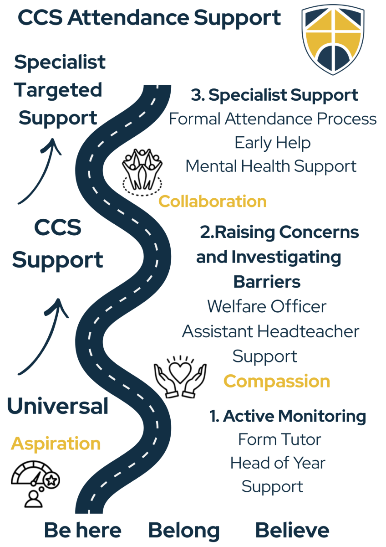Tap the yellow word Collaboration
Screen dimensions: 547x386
coord(212,201)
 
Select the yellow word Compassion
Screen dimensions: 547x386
coord(277,381)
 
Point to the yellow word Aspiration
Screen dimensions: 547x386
coord(56,444)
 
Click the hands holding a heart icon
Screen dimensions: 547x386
coord(180,373)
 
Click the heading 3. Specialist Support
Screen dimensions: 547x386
coord(274,95)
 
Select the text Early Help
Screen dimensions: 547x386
coord(273,143)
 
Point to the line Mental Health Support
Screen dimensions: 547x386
coord(271,166)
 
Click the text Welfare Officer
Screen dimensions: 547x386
coord(267,306)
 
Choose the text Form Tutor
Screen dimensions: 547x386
coord(279,439)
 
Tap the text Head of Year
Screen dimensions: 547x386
coord(278,463)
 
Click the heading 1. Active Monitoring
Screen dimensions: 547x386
coord(288,416)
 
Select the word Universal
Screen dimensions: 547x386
coord(58,406)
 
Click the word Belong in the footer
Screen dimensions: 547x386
coord(184,531)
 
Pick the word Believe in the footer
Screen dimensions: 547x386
coord(292,531)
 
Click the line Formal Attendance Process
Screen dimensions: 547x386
coord(273,119)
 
